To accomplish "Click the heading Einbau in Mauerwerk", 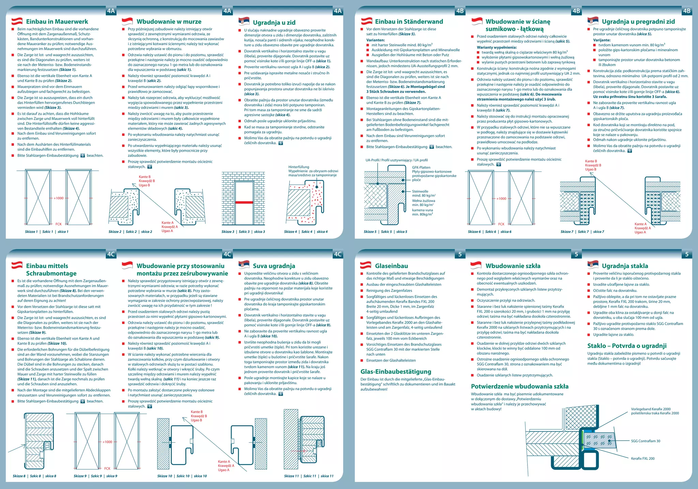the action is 57,21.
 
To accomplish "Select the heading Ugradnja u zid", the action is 274,23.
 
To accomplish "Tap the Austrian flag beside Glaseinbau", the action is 366,265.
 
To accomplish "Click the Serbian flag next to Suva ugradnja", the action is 244,265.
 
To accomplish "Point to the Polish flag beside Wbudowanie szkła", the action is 476,265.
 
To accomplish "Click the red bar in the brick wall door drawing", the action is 244,203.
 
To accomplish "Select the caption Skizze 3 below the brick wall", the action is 228,232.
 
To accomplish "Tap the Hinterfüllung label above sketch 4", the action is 299,167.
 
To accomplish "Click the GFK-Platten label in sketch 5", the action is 421,167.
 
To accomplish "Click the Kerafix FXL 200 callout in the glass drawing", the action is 643,459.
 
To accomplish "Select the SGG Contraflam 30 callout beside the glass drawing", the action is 646,441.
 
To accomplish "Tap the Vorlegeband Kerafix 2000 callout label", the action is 651,409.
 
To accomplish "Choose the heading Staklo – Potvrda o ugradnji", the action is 627,346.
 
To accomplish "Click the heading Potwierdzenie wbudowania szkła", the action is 520,386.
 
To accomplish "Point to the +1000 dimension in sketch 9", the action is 107,442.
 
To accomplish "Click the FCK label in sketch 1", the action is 59,224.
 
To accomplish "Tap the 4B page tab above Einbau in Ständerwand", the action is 460,11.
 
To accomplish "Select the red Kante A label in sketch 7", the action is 640,224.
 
